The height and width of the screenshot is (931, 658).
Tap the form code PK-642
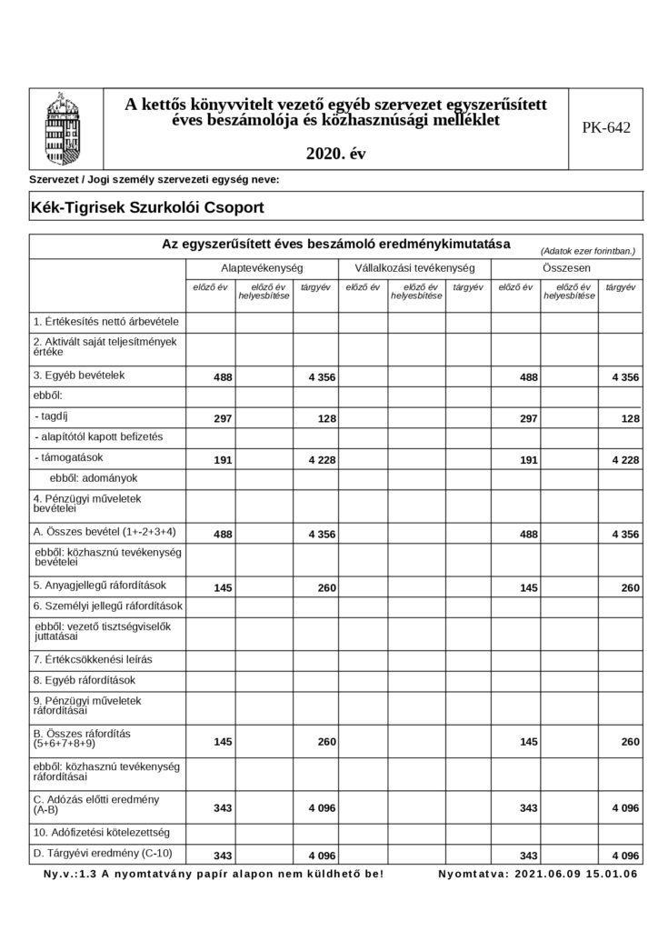pos(605,128)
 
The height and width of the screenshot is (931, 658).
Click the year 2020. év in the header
pos(335,154)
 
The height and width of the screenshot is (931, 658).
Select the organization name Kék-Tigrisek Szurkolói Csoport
pos(147,207)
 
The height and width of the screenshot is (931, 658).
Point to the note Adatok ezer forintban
pos(587,250)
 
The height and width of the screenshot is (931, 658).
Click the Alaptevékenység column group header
pos(262,269)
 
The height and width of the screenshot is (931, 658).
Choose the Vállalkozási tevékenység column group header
pos(415,269)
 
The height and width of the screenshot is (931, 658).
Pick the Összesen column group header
pos(567,269)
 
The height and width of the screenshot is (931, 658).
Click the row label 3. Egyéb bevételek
pos(78,375)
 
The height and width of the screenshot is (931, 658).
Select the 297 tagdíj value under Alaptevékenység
pos(222,418)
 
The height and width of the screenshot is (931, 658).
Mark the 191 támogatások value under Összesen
pos(527,460)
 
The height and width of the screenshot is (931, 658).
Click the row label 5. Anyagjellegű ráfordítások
pos(105,586)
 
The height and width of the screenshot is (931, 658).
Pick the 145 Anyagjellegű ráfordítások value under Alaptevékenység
pos(222,588)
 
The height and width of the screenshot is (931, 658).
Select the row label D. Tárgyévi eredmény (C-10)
pos(102,852)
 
